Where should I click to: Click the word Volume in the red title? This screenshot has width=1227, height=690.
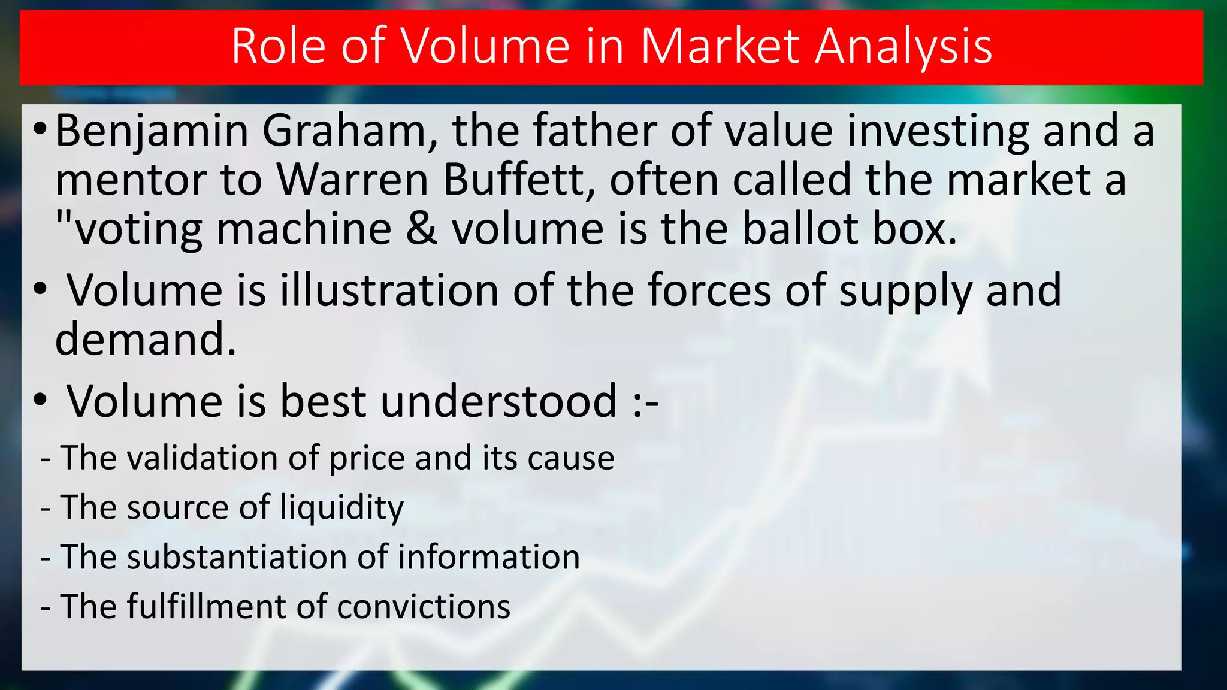[x=485, y=46]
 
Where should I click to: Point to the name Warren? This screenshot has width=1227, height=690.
[x=352, y=180]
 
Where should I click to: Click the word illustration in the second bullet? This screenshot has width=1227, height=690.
[x=389, y=290]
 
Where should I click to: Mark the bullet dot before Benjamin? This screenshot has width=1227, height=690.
[x=39, y=129]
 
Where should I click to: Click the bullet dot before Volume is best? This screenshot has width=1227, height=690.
[x=40, y=401]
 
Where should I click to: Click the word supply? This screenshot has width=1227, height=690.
[x=905, y=291]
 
